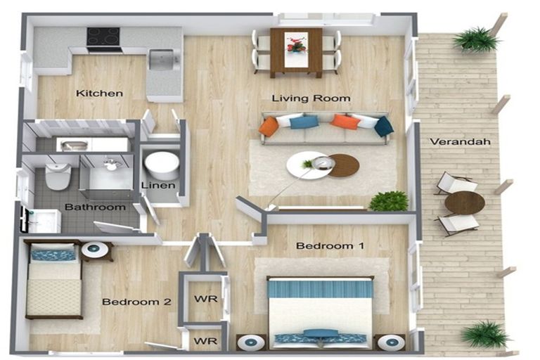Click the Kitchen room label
coord(99,93)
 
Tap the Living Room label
coord(311,98)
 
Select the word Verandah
coord(460,141)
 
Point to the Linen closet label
coord(158,185)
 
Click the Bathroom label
coord(95,207)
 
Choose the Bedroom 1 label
coord(330,245)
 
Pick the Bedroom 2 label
coord(136,302)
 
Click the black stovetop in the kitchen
coord(103,37)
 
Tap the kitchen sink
coord(161,58)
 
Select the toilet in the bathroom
coord(58,176)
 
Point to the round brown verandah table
coord(465,203)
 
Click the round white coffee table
coord(308,165)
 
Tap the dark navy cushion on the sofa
coord(384,126)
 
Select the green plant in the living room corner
coord(389,201)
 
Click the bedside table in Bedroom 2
coord(97,251)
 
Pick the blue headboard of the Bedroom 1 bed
coord(321,288)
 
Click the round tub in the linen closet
coord(162,166)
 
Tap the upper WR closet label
coord(205,298)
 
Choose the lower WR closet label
coord(205,341)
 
